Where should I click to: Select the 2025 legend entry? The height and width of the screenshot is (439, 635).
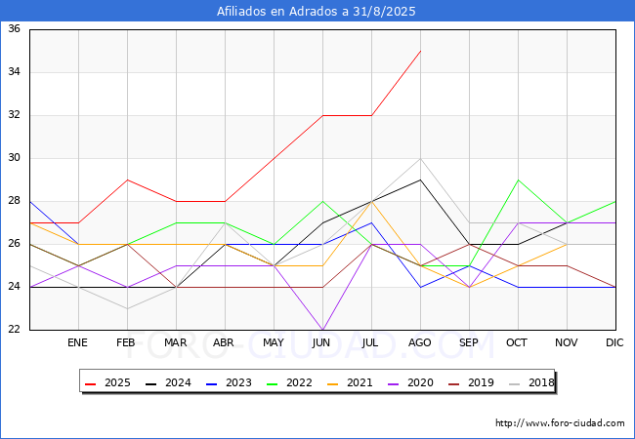point(107,382)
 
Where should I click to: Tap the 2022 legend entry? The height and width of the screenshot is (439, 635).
point(289,382)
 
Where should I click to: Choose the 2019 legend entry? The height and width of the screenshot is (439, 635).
point(471,382)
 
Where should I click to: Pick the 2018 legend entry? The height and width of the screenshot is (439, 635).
point(531,382)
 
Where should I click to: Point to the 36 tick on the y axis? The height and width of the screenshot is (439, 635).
point(14,28)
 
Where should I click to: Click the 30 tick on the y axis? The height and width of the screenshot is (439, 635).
point(14,158)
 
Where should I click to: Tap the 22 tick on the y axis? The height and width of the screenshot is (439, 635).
point(14,329)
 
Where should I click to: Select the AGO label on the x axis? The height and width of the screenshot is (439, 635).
point(419,342)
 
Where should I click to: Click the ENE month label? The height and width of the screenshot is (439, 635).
point(77,342)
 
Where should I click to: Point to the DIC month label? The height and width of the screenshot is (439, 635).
point(614,342)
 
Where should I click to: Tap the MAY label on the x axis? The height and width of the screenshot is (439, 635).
point(274,342)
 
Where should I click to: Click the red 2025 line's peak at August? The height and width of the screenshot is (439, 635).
point(421,51)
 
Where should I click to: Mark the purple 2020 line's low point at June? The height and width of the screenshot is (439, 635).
point(322,330)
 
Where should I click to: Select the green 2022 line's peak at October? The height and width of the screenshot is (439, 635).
point(519,180)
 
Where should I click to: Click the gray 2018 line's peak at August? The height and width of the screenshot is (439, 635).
point(421,158)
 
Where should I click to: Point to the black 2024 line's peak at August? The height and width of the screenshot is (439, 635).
point(421,180)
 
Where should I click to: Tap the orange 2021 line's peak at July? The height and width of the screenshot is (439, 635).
point(372,201)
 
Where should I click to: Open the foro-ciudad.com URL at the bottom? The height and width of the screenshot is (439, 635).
point(560,423)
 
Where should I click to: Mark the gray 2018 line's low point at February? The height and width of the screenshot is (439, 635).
point(128,309)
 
